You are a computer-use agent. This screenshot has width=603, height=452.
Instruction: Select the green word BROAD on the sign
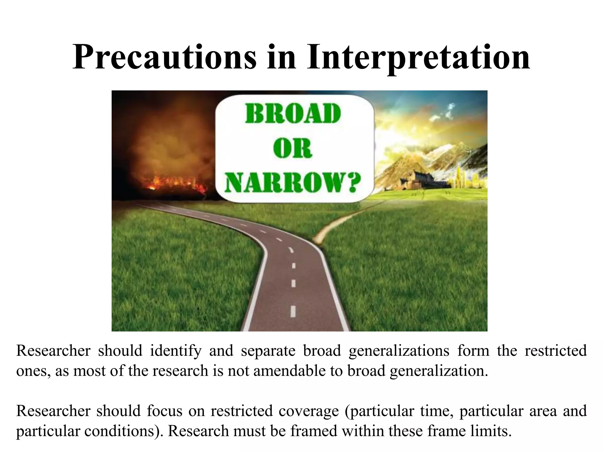pos(293,114)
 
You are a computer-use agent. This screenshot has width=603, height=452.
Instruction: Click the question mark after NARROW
pos(351,182)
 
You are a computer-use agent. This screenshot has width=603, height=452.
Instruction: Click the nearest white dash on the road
pos(293,311)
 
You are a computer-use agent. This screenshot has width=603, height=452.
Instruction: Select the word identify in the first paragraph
pos(175,351)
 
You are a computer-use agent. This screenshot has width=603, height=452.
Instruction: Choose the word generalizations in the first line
pos(399,351)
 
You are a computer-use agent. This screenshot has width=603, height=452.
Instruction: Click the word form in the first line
pos(473,351)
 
